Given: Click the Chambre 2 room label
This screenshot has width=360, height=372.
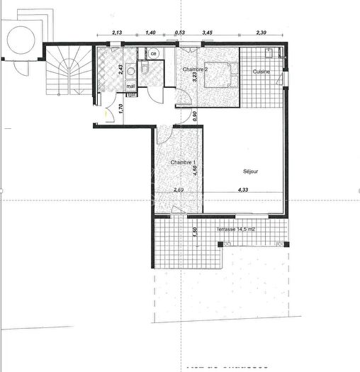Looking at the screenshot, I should [194, 69].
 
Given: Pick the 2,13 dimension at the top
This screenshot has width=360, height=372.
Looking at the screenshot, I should [118, 33].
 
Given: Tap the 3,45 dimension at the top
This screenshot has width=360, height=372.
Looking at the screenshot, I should [208, 33].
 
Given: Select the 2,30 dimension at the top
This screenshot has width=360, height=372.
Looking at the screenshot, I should [261, 33].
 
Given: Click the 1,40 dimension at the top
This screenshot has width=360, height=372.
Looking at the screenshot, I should [150, 33].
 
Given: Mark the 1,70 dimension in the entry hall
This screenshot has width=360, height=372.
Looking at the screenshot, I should [121, 109].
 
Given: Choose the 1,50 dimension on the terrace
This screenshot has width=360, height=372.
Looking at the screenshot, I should [196, 232].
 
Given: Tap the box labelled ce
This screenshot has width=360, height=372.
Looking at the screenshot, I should [153, 52].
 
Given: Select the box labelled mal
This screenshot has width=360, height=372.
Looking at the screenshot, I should [131, 86].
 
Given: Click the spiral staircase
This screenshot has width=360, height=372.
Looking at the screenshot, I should [67, 71].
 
